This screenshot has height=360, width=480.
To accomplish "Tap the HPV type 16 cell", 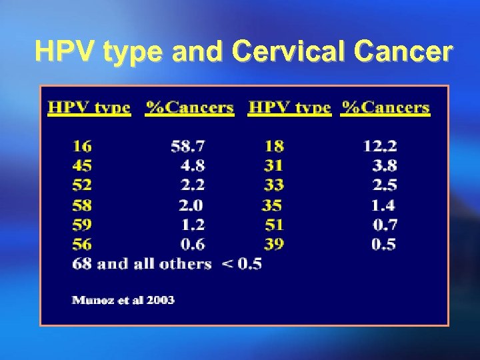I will coord(82,146).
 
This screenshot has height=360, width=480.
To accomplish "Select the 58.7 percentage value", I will coord(187,146).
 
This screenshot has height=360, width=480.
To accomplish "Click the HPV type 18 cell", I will coord(273,146).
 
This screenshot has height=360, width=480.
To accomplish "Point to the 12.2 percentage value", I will coord(380,146).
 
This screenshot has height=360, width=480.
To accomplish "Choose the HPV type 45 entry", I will coord(82,165).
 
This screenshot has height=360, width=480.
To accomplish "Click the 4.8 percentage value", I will coord(192,165).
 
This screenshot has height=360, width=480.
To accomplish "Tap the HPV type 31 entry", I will coord(273,165).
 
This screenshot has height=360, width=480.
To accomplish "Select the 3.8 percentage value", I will coord(385,165).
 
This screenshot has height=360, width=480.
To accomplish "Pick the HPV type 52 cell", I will coord(82,185).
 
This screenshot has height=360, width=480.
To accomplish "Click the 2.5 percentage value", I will coord(385,185).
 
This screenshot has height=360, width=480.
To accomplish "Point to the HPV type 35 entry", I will coord(272,205).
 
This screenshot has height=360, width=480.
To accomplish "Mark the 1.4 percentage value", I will coord(385,205).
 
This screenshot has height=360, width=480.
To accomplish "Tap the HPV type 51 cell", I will coord(273,224).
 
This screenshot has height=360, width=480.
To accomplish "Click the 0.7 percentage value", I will coord(385,224).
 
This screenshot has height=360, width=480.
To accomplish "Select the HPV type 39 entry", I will coord(273,244).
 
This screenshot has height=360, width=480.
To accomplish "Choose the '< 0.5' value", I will coord(241,264).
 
